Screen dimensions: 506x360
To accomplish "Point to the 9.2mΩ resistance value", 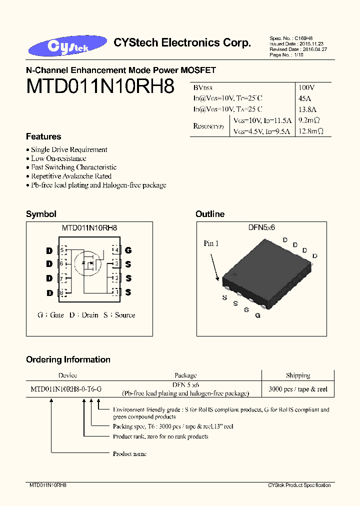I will point(308,120).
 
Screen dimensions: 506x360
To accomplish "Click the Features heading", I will point(43,136).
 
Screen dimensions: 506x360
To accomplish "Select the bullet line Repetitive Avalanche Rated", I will point(71,176).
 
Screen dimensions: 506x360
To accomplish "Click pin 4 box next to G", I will point(116,250).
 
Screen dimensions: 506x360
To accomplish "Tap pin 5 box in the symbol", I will point(62,249).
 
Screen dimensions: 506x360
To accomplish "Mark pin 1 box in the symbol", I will point(116,292).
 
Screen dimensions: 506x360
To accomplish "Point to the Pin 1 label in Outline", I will point(211,243).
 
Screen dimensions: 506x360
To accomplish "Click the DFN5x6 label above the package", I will point(261,227).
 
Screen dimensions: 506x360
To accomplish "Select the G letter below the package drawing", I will point(257,315).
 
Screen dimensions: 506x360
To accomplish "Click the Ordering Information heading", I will point(68,359).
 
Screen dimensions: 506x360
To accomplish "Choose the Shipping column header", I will point(298,375).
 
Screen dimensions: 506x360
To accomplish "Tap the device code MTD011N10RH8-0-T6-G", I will point(66,388).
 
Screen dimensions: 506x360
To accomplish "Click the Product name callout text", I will point(129,453).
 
